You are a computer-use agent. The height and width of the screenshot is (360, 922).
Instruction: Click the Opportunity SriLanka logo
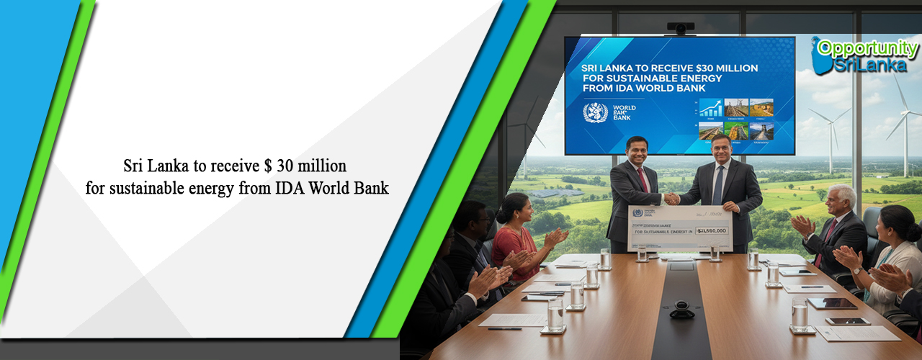click(x=864, y=55)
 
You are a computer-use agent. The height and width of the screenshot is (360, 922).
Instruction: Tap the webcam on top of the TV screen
click(x=681, y=28)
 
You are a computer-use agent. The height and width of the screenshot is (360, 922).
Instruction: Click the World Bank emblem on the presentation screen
click(x=596, y=112)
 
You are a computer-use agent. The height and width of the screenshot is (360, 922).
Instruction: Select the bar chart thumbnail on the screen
click(x=711, y=108)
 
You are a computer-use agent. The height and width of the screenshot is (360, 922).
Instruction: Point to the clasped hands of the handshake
click(x=671, y=198)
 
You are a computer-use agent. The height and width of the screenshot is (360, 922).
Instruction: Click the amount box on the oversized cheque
click(x=712, y=231)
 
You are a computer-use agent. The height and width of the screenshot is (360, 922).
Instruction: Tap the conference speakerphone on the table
click(x=681, y=311)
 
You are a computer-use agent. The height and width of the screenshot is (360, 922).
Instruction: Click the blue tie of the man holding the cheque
click(x=718, y=184)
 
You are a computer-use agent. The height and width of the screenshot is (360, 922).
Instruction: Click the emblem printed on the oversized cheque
click(x=637, y=212)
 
